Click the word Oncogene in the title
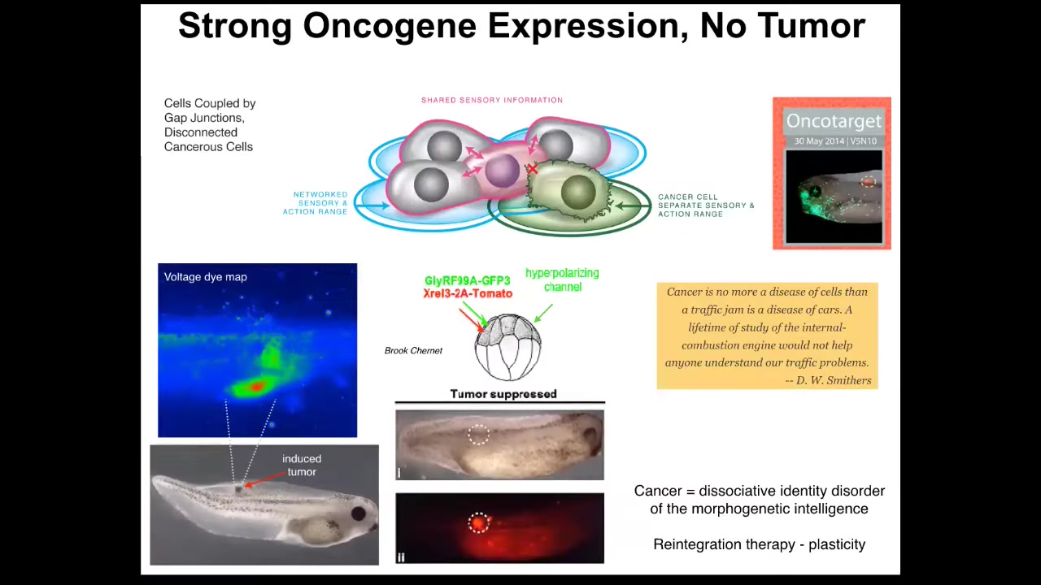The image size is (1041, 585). tap(390, 27)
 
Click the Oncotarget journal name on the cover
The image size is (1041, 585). tap(834, 121)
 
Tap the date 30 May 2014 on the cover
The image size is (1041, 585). tap(819, 141)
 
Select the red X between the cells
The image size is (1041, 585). tap(532, 169)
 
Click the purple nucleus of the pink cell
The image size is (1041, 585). tap(502, 171)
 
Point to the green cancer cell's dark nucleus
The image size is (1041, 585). tap(578, 192)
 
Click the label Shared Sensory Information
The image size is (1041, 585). tap(492, 100)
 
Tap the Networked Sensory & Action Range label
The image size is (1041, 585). tap(316, 203)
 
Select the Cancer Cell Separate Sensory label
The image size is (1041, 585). tap(706, 206)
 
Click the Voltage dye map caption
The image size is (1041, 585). tap(206, 277)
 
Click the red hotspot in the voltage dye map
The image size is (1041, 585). tap(256, 386)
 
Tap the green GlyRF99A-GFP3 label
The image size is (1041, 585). tap(467, 280)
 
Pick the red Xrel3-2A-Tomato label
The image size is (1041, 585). tap(468, 293)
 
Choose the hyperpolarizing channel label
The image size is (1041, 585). tap(562, 280)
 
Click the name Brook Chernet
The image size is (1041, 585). tap(413, 350)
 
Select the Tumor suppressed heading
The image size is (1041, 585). tap(503, 394)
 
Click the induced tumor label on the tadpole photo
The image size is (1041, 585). tap(302, 466)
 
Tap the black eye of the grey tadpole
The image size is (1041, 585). tap(359, 513)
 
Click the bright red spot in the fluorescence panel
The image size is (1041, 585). tap(478, 523)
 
